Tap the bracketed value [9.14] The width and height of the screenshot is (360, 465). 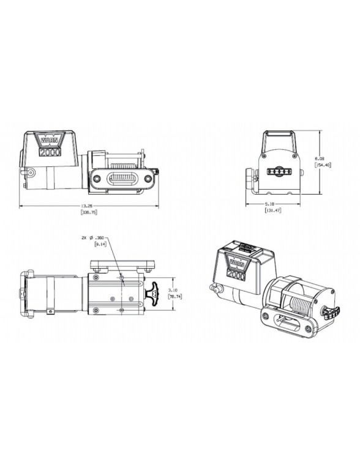click(x=101, y=244)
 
